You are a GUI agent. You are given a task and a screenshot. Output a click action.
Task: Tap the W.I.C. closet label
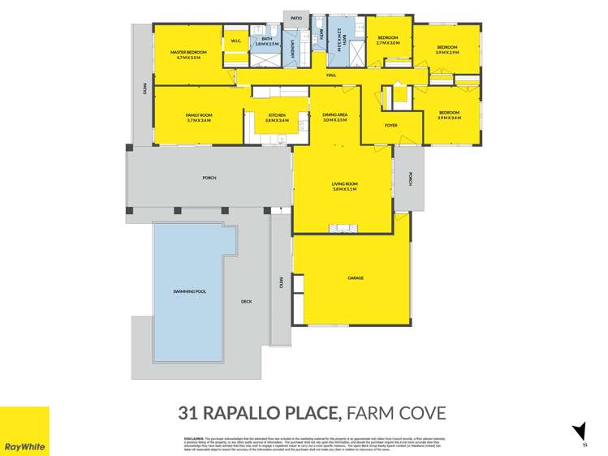point(236,41)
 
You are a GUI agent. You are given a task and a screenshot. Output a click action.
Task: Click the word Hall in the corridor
point(331,75)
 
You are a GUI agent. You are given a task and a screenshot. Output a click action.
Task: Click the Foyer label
point(390,125)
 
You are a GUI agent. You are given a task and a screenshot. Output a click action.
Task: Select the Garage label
point(356,278)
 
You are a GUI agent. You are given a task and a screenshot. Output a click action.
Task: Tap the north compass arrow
point(579,432)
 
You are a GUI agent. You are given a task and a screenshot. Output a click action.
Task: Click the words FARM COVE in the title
point(396,413)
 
